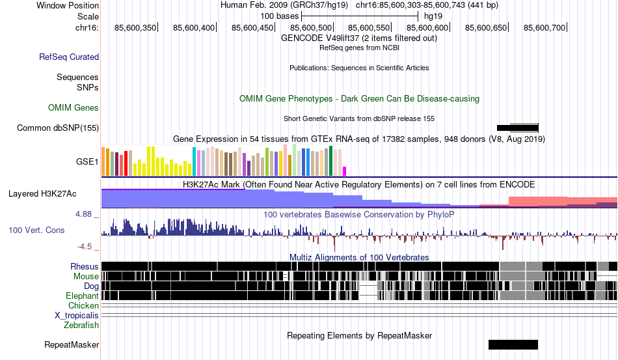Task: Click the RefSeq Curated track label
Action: pos(69,57)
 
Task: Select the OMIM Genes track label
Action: pos(74,107)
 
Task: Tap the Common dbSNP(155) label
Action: pos(58,128)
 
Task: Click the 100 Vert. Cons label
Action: pos(36,230)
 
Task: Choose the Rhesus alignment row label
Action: pos(85,266)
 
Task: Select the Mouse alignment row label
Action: pos(86,276)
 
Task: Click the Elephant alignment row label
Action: pos(83,296)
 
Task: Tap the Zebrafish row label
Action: pos(81,325)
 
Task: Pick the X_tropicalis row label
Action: pos(77,315)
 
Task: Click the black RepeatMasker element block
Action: pos(513,344)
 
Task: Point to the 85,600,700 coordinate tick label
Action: pos(544,28)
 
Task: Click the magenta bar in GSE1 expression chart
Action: pos(345,171)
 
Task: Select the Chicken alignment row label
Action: pos(84,305)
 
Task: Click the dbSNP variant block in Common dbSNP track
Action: pos(518,128)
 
